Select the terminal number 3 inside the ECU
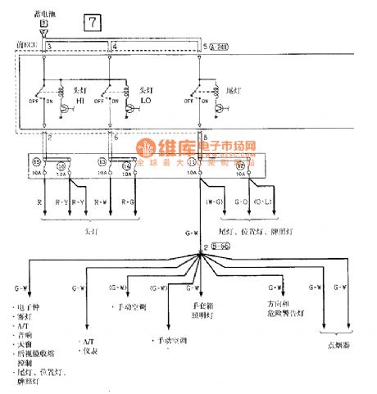(49, 45)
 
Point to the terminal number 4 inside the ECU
(114, 45)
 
